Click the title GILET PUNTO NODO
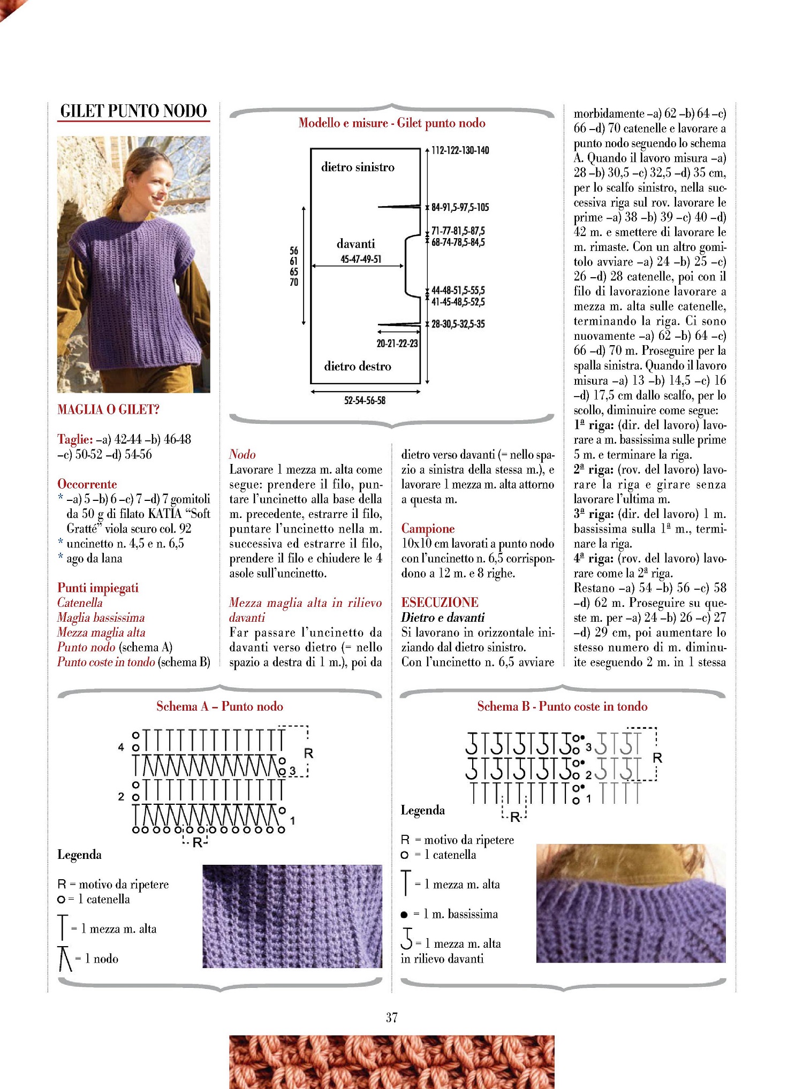click(x=133, y=111)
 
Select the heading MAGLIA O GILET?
click(x=108, y=410)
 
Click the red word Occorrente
click(x=87, y=484)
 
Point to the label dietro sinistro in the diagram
click(x=358, y=167)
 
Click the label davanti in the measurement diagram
click(x=355, y=244)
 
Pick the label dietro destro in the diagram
click(x=358, y=367)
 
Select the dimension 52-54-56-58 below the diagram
click(x=365, y=400)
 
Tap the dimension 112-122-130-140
click(x=460, y=150)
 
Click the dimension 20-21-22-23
click(x=397, y=344)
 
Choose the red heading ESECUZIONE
click(x=440, y=603)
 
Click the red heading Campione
click(x=428, y=529)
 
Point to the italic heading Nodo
click(x=242, y=454)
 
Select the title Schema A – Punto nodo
click(x=219, y=706)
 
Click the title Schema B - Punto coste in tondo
click(x=562, y=706)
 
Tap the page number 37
click(x=392, y=1017)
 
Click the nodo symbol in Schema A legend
click(x=65, y=958)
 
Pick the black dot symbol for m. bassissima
click(x=404, y=915)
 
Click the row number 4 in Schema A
click(x=121, y=747)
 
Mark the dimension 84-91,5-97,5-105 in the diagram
click(x=460, y=208)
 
